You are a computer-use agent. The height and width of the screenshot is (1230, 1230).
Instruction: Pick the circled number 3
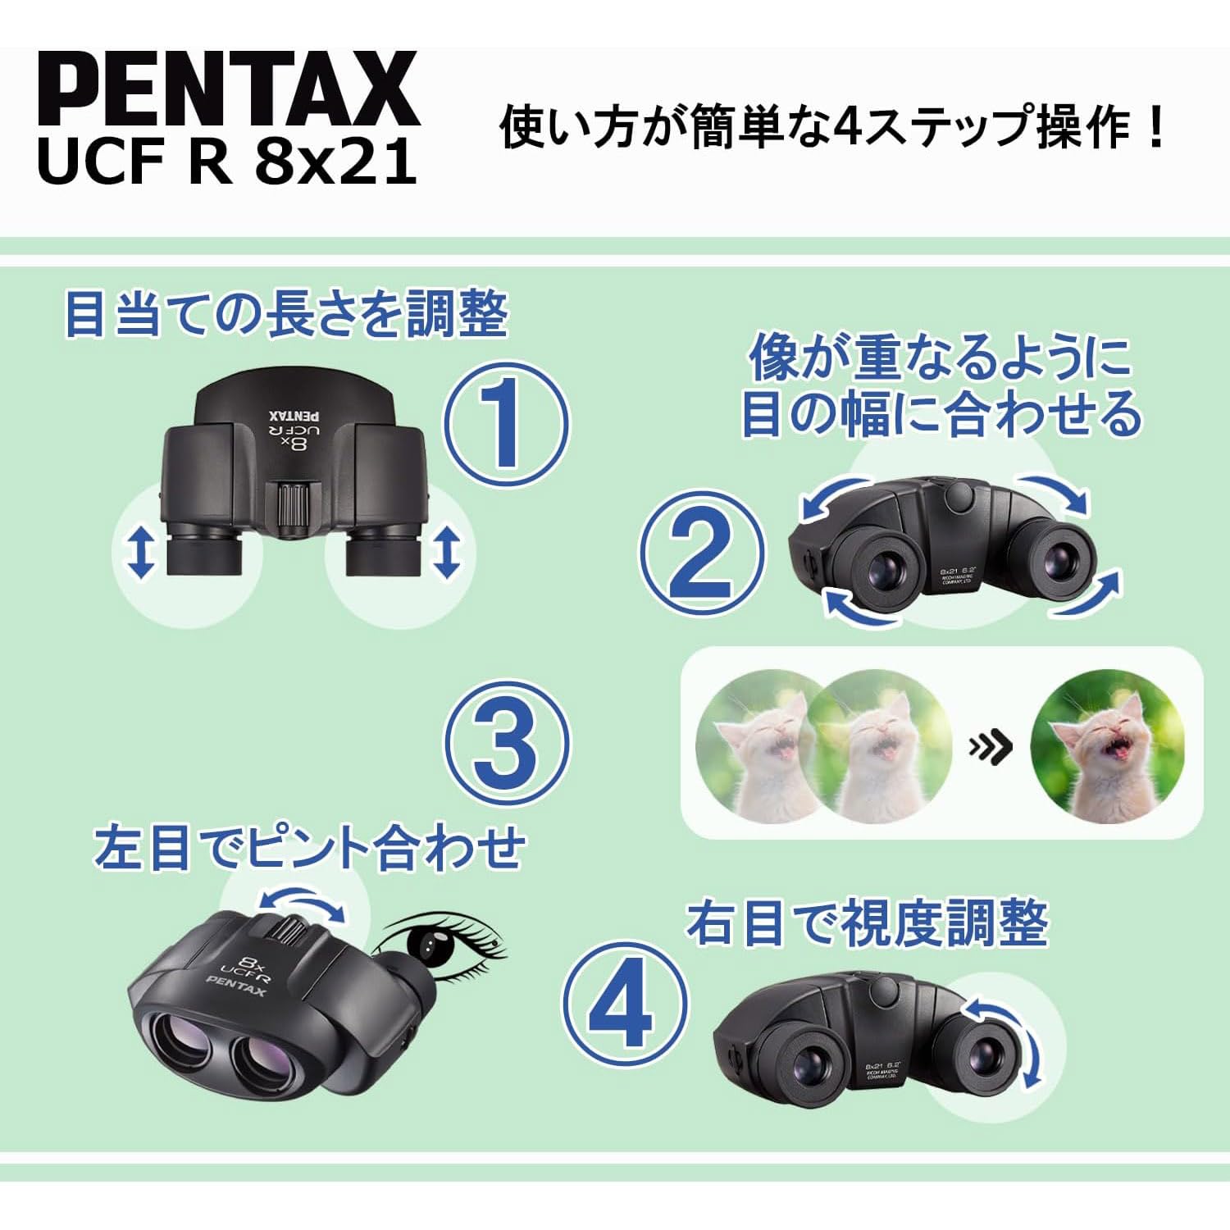pyautogui.click(x=506, y=745)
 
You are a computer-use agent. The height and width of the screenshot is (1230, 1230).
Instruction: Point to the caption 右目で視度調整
pyautogui.click(x=868, y=923)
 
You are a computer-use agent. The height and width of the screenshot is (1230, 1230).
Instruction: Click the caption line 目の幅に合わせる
pyautogui.click(x=941, y=412)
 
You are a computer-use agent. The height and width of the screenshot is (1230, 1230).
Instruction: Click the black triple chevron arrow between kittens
pyautogui.click(x=991, y=747)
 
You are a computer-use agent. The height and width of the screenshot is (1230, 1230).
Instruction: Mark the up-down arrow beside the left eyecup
pyautogui.click(x=143, y=551)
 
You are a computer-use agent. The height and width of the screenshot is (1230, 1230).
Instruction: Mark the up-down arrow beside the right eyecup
pyautogui.click(x=447, y=551)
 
